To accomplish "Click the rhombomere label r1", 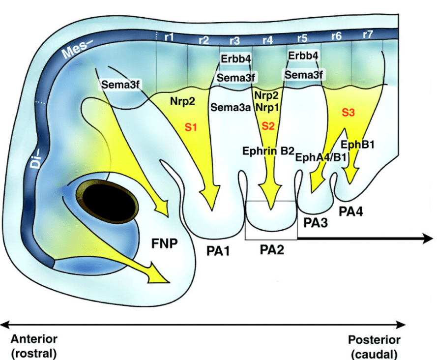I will point(169,37).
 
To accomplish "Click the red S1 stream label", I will point(191,128).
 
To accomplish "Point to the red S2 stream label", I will point(268,126).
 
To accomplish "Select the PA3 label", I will point(315,222).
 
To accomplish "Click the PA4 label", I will point(351,210).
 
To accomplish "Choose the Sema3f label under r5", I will point(304,75).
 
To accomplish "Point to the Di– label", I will point(35,160).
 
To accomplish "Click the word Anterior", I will point(34,339).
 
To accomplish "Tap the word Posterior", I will point(374,340).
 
